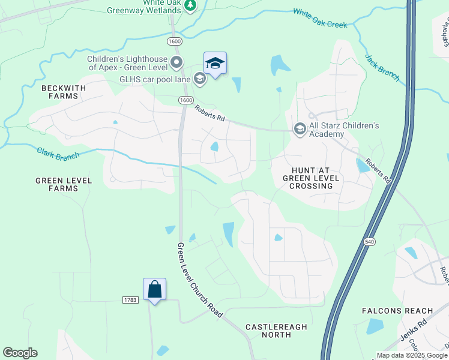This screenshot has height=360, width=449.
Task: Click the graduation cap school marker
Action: click(x=215, y=63)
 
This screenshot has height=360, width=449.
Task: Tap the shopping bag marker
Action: click(x=155, y=289)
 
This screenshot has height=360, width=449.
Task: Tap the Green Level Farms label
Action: click(x=64, y=184)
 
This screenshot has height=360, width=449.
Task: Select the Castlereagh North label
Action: click(x=276, y=331)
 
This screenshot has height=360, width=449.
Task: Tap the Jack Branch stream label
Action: click(x=382, y=68)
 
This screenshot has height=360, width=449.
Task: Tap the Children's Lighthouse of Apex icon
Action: click(x=176, y=62)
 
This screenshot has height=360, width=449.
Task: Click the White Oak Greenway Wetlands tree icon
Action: click(x=191, y=5)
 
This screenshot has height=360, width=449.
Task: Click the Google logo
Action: click(x=20, y=353)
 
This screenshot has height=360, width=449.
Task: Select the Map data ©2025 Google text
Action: click(x=412, y=355)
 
